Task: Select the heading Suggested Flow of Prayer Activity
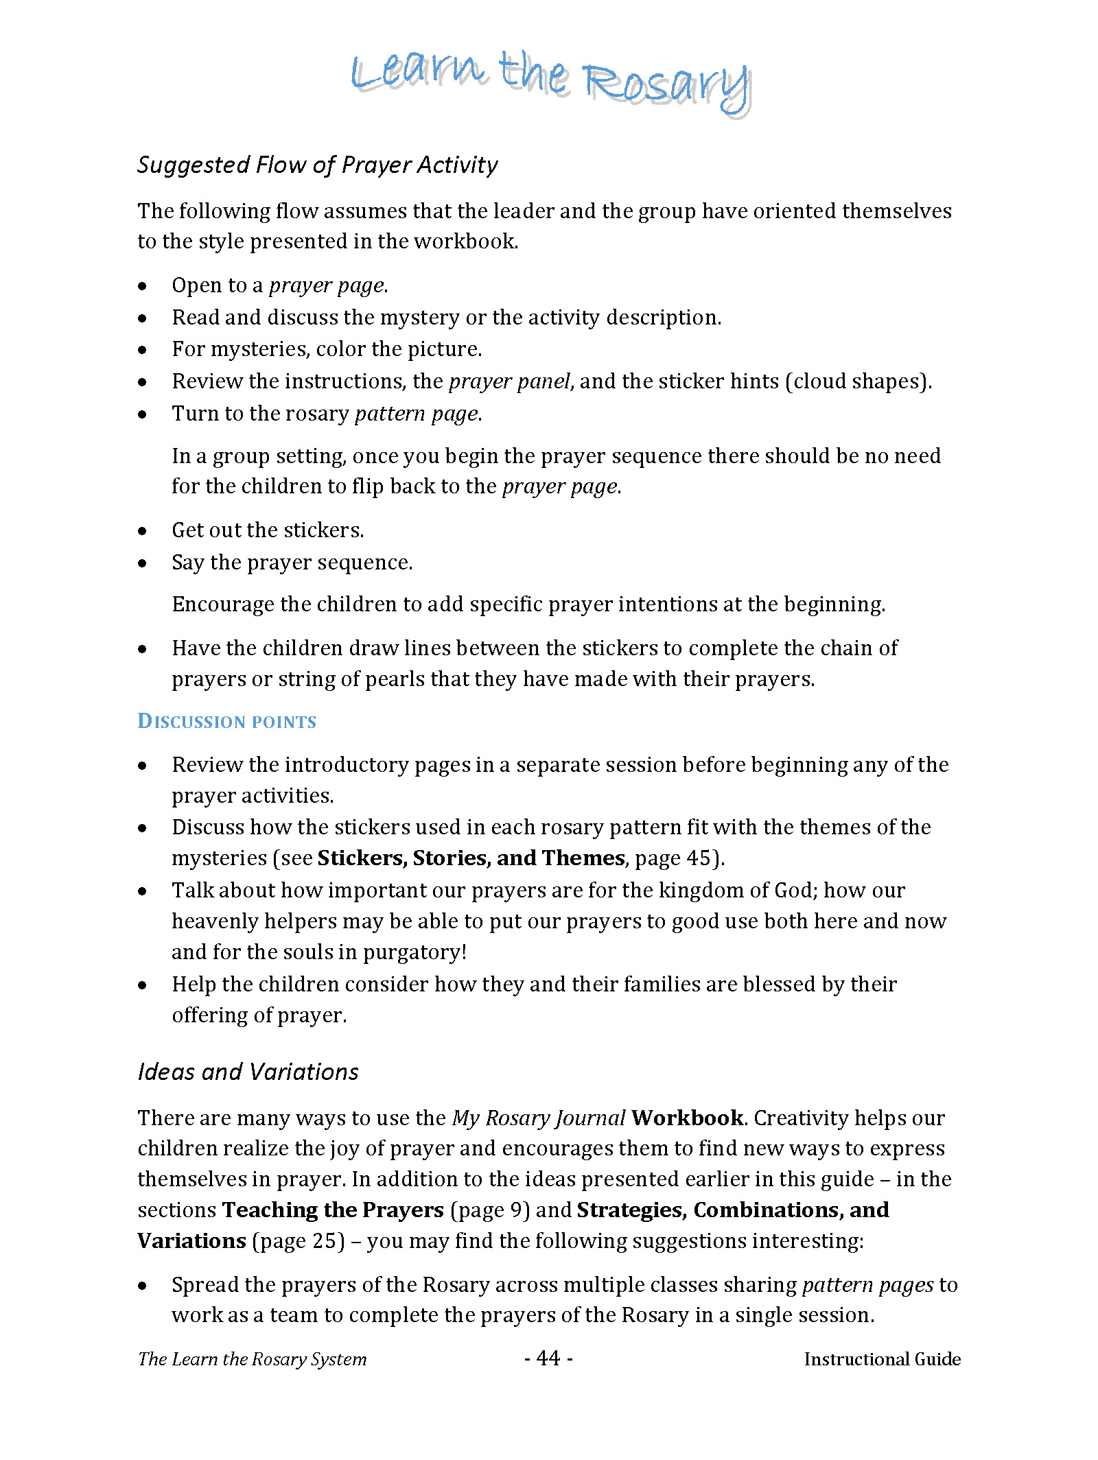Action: tap(317, 165)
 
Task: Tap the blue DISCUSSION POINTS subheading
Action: tap(226, 722)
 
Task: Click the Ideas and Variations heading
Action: tap(248, 1072)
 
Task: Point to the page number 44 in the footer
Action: tap(548, 1358)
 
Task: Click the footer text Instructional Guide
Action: tap(882, 1359)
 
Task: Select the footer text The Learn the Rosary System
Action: tap(252, 1359)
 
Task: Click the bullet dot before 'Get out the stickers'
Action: tap(142, 531)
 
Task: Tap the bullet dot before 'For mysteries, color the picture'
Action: tap(142, 350)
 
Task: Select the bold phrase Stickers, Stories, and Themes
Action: tap(471, 858)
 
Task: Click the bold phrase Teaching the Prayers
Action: tap(333, 1210)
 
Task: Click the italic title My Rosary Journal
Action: tap(538, 1118)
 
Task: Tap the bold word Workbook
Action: tap(687, 1118)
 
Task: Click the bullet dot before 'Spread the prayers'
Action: tap(142, 1286)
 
